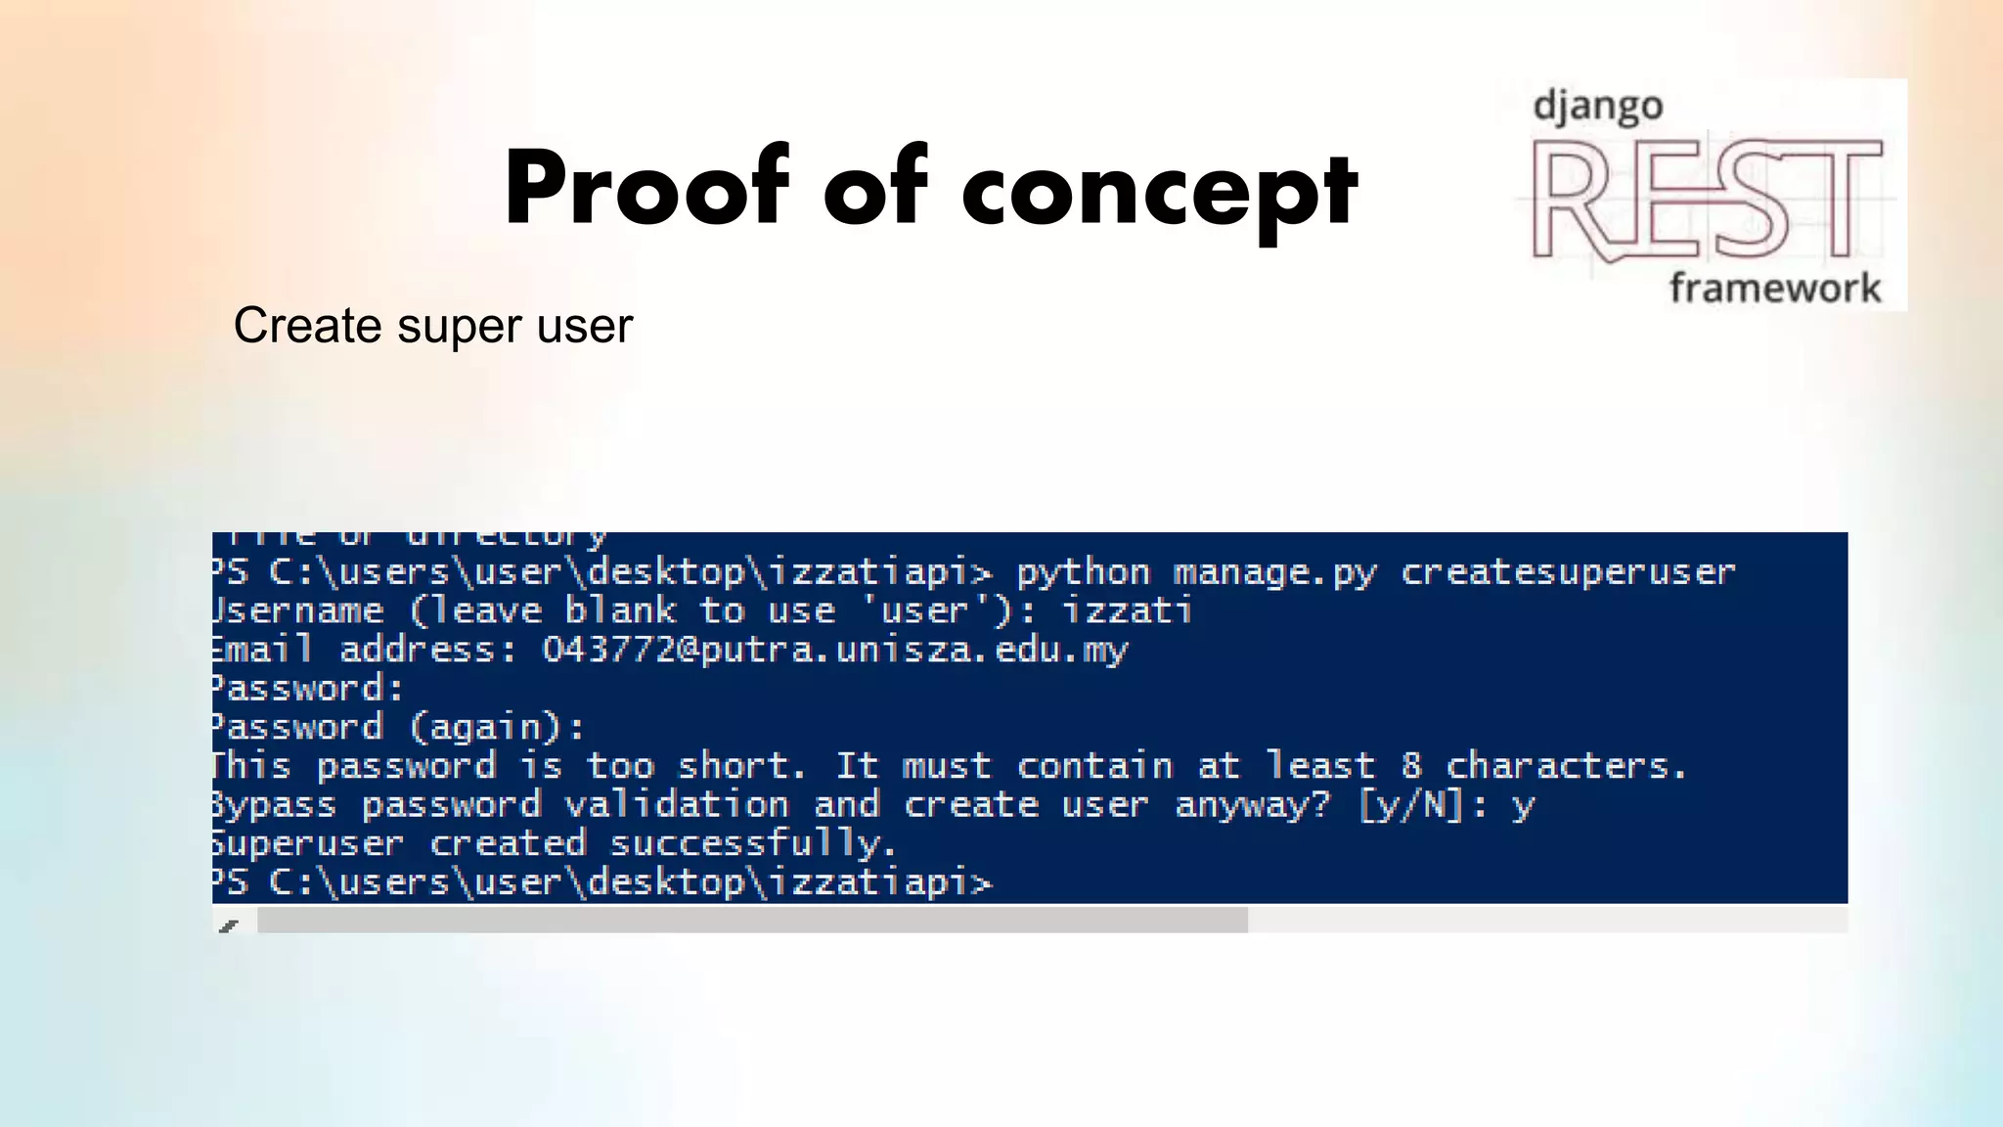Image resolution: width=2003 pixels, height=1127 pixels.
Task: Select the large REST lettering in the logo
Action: tap(1706, 201)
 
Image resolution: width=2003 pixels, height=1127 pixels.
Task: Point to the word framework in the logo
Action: tap(1774, 288)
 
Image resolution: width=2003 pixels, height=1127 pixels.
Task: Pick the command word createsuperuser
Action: tap(1568, 571)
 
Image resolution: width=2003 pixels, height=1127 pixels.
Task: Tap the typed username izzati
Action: tap(1127, 610)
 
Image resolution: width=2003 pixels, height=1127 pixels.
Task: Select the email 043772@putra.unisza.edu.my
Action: tap(834, 650)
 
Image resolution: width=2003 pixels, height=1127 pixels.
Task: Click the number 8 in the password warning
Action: tap(1410, 765)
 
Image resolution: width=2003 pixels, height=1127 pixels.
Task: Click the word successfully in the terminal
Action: tap(752, 843)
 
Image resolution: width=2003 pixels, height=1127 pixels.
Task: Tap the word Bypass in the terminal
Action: tap(274, 805)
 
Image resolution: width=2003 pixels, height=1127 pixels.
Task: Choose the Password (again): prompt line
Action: tap(397, 727)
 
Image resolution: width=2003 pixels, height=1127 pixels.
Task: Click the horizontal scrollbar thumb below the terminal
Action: tap(751, 920)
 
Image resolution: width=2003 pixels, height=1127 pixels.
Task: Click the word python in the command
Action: tap(1083, 572)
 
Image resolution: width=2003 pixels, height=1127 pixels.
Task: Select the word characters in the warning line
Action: tap(1566, 765)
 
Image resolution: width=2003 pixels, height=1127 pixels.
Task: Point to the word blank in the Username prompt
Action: tap(620, 610)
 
